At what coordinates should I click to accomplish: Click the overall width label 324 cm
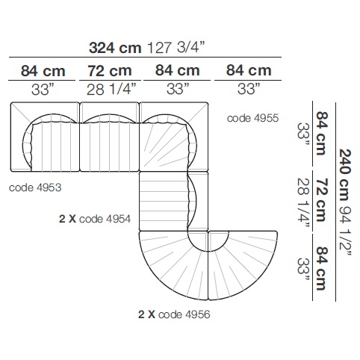(115, 48)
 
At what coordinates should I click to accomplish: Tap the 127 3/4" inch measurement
(176, 47)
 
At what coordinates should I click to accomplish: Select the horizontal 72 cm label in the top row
(110, 71)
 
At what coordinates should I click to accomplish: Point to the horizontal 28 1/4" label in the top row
(111, 89)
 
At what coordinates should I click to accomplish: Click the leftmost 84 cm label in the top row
(43, 71)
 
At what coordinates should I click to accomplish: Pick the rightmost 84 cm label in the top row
(249, 70)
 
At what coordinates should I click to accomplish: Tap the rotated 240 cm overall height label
(345, 175)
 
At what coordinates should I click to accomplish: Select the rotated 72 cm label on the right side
(321, 200)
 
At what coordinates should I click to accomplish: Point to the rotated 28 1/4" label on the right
(304, 202)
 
